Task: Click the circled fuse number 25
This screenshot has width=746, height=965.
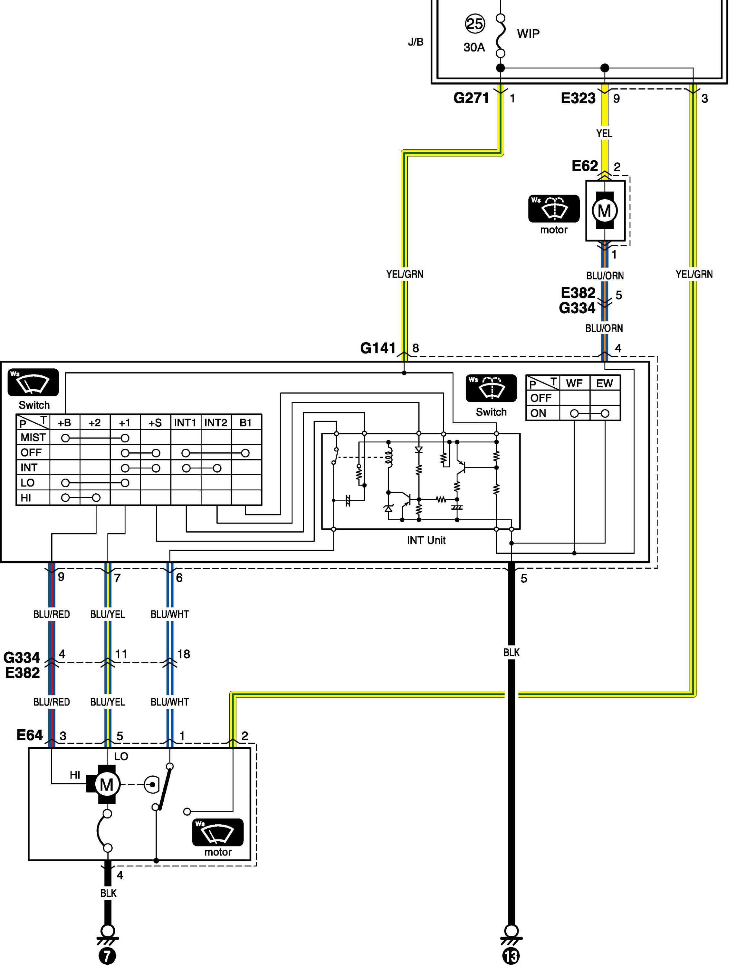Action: [475, 24]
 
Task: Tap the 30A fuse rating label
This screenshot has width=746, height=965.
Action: [474, 47]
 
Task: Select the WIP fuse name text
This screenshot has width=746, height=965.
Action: [528, 33]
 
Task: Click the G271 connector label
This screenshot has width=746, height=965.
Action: [471, 98]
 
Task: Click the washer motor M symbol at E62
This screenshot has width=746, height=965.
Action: [604, 210]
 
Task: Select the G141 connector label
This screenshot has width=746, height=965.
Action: [378, 348]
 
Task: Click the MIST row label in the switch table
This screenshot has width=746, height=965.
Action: [33, 438]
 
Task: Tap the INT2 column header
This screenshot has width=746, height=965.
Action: [216, 423]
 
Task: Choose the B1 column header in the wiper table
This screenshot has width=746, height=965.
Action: [246, 423]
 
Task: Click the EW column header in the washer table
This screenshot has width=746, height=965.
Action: [605, 383]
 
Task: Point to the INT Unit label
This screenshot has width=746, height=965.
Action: [426, 540]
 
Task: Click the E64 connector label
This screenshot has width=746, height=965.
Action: [30, 735]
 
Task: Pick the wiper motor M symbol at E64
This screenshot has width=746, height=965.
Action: [107, 785]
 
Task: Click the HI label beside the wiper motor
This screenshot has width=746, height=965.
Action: [75, 775]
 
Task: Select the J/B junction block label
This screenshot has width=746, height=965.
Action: [416, 42]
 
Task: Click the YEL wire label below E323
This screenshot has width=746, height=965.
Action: [604, 133]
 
